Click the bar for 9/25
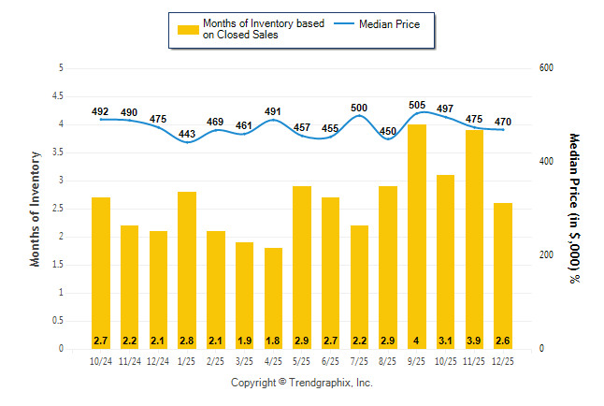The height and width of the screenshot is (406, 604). coord(417,237)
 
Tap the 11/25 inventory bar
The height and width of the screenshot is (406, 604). coord(474,239)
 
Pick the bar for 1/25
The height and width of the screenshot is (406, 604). coord(187,270)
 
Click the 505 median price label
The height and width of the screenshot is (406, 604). coord(417,106)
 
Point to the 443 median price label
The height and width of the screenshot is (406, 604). coord(187,134)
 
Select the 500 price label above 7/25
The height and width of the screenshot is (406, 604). coord(359,109)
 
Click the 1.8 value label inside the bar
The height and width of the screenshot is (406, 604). coord(273,339)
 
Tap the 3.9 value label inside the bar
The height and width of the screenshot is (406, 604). coord(474,339)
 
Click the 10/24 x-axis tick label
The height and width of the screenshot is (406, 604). coord(101,361)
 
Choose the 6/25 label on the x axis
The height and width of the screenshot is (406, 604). coord(331,361)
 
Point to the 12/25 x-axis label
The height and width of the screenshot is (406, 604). coord(503,361)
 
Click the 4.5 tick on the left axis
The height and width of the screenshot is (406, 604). coord(60,96)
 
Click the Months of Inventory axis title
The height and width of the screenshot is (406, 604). coord(36,209)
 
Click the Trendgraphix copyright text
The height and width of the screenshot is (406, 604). coord(302,384)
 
